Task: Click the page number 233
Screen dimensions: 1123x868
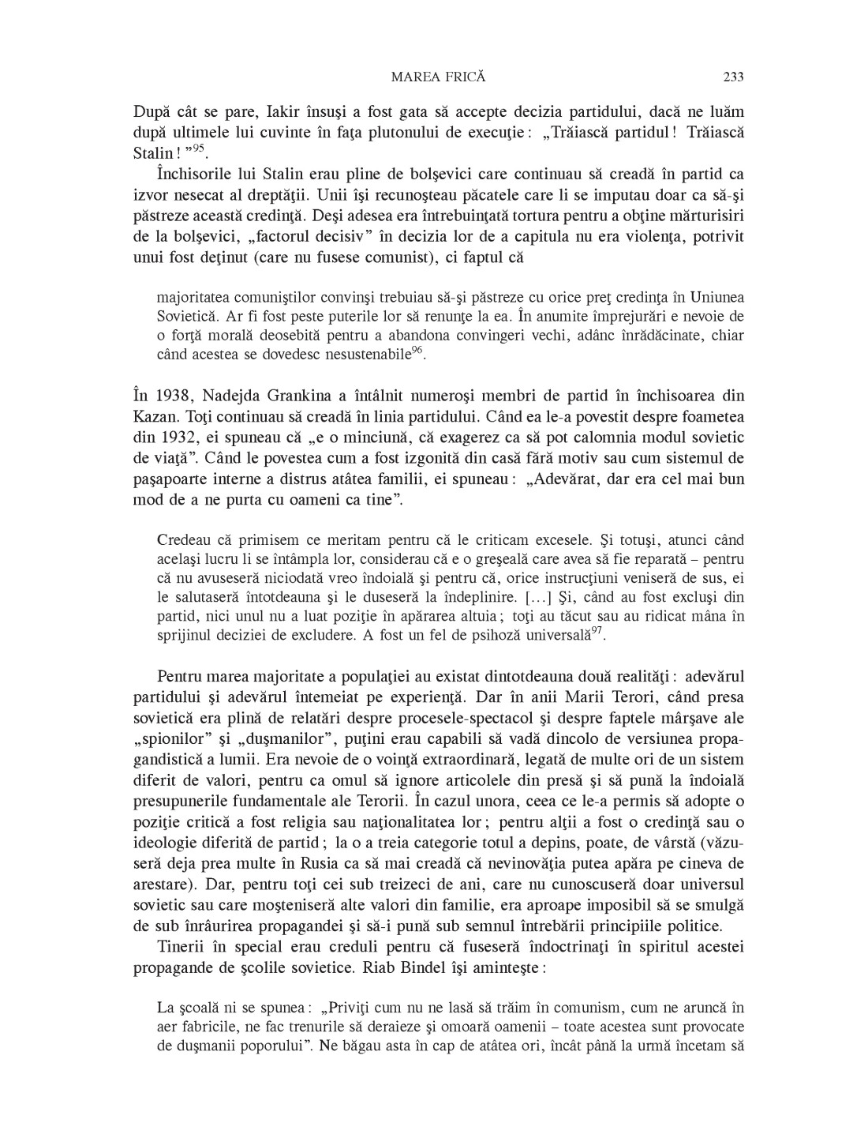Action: (x=733, y=77)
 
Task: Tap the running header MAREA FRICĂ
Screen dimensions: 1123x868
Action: (x=438, y=77)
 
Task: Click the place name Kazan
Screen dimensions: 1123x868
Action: (x=152, y=417)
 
